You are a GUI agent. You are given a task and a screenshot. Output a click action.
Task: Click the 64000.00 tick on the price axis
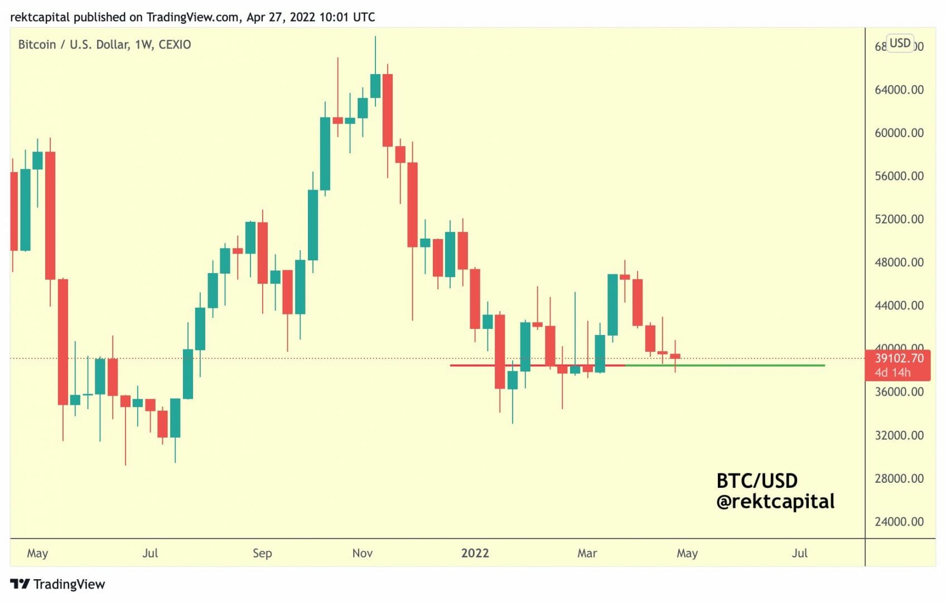point(899,90)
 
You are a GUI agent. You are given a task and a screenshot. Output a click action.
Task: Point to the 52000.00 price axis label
point(899,219)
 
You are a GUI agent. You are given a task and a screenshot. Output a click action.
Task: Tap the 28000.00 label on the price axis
point(899,478)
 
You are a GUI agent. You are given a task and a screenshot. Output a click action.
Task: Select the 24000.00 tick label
point(899,522)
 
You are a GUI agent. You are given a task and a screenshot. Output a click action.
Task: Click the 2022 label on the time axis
point(475,553)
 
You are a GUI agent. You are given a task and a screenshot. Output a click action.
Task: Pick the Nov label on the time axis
point(362,553)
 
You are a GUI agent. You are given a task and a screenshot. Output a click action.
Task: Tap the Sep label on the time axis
point(262,553)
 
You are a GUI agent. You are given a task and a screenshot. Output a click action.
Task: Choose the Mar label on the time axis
point(587,553)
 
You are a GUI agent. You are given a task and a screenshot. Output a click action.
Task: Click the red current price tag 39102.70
point(899,358)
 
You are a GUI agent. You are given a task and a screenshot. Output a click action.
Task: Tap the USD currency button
point(900,43)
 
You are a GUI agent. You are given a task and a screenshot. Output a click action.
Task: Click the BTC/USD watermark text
point(756,480)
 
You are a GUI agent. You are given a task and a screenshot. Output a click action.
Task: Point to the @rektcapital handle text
point(775,502)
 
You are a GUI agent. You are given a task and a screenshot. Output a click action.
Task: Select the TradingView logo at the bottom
point(57,584)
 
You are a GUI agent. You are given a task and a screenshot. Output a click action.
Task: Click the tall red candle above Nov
point(387,110)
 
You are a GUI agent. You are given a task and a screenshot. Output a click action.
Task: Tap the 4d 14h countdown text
point(892,372)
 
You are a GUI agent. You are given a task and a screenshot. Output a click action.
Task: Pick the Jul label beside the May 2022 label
point(799,553)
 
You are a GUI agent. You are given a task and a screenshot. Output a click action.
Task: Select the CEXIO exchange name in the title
point(175,45)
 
